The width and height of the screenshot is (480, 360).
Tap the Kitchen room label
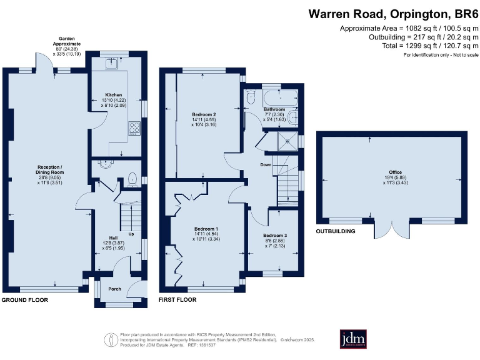coord(113,95)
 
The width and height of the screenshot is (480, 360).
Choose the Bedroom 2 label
coord(204,114)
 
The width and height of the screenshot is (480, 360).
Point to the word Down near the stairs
coord(266,166)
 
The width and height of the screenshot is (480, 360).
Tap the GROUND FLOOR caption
coord(24,301)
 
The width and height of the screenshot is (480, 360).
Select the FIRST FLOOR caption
coord(177,301)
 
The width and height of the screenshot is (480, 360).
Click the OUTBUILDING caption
coord(336,231)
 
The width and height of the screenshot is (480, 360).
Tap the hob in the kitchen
coord(134,129)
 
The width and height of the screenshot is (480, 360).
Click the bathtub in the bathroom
coord(279,98)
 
